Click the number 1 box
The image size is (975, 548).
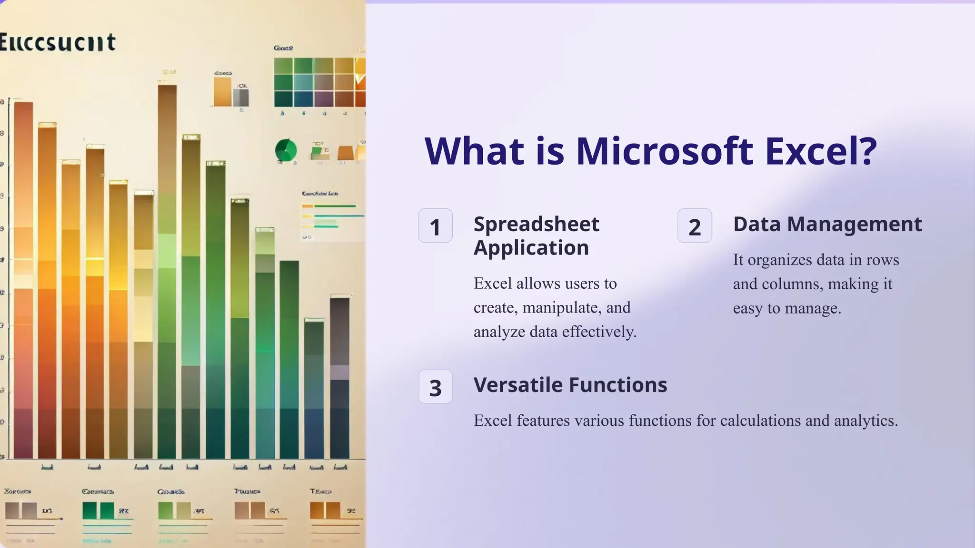pos(435,226)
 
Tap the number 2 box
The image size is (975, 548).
pos(695,226)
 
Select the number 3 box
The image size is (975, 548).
pos(435,387)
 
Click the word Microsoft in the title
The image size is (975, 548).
pos(664,151)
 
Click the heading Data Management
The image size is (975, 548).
pos(827,224)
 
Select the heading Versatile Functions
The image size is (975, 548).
pos(570,385)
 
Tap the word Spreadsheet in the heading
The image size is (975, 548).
pos(536,224)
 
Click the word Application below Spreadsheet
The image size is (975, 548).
pos(531,248)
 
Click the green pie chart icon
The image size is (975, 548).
pos(286,150)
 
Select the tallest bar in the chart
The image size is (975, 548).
pos(167,271)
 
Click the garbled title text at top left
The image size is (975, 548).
pos(58,42)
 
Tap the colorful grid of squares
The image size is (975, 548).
pos(319,82)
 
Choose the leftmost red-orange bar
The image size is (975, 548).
pos(23,281)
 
